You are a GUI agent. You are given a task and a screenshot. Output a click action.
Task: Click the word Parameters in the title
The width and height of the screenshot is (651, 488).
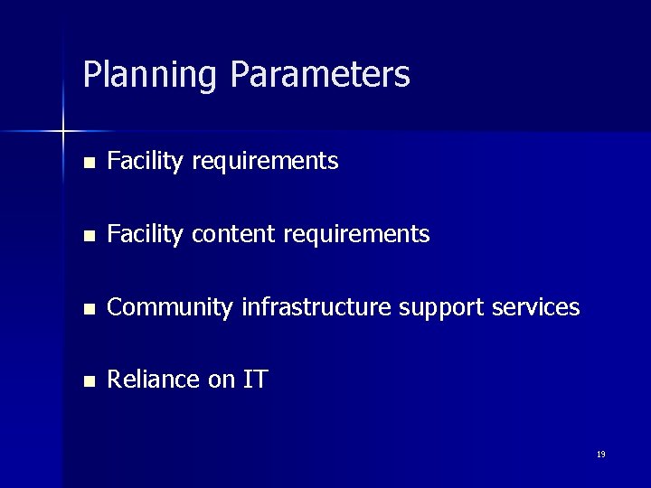(320, 74)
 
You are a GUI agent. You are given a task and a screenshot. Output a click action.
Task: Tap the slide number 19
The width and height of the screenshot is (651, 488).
(600, 455)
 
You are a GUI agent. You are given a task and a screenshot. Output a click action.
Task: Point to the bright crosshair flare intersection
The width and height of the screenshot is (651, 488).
(63, 132)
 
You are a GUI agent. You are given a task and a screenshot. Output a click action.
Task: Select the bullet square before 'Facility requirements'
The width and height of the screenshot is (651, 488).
(88, 164)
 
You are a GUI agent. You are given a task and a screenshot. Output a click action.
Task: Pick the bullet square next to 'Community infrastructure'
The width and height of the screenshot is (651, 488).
(88, 309)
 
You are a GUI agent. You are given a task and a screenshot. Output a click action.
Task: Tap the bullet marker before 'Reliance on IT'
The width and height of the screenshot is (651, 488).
(88, 381)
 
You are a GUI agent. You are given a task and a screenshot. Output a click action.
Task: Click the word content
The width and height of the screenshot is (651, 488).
(234, 235)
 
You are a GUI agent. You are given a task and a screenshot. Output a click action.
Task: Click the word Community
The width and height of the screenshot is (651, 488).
(170, 308)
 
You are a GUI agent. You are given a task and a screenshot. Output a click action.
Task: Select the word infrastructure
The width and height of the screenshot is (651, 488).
(316, 307)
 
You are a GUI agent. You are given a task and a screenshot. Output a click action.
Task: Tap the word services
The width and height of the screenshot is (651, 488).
(536, 307)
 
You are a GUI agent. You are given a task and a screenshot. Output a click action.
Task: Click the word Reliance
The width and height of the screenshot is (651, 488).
(154, 380)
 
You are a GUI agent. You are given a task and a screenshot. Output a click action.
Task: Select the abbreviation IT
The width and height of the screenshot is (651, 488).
(255, 380)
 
